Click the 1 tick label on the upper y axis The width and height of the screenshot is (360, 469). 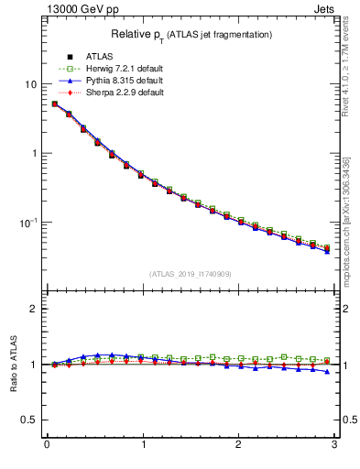click(33, 153)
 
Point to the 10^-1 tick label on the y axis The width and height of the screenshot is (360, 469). click(27, 222)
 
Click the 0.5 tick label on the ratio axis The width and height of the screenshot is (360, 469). click(28, 420)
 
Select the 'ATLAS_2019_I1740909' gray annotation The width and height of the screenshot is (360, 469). click(191, 274)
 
